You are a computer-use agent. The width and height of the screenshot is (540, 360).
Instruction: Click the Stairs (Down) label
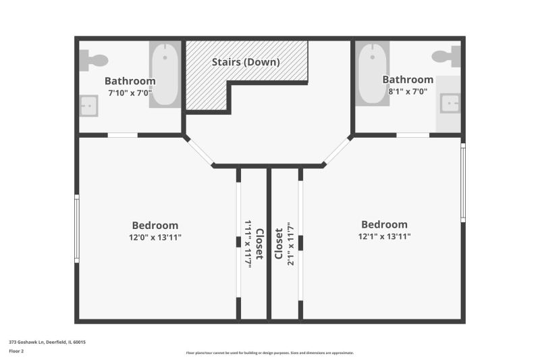pos(246,62)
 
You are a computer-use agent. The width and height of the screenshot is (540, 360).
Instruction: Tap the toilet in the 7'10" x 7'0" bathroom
pos(94,60)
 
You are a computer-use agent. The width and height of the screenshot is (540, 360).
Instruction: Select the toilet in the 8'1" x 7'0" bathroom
pos(446,56)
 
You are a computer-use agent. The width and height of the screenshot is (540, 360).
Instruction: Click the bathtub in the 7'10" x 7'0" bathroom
pos(165,74)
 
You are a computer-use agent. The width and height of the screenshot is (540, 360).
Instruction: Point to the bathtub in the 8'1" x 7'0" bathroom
pos(373,74)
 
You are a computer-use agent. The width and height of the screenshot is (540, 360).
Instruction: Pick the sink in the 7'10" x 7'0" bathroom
pos(89,106)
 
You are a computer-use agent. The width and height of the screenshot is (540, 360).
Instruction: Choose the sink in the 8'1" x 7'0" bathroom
pos(450,103)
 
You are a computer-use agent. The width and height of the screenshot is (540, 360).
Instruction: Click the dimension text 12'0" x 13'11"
pos(155,237)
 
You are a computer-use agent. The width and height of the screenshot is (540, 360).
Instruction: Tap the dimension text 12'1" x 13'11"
pos(384,236)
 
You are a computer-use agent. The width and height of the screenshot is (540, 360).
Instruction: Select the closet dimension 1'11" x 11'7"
pos(248,243)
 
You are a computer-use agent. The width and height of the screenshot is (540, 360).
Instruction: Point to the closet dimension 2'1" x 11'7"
pos(291,243)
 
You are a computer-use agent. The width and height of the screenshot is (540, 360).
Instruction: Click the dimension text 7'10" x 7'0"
pos(130,93)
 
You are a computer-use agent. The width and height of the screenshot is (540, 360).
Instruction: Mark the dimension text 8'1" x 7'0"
pos(408,91)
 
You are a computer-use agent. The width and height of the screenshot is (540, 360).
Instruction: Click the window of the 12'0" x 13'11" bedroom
pos(77,229)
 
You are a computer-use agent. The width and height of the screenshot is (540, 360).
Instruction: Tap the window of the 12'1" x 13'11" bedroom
pos(463,183)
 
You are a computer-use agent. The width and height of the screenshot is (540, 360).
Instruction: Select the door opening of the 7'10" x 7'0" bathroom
pos(123,135)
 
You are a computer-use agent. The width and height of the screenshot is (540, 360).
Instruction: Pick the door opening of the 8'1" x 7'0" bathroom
pos(413,135)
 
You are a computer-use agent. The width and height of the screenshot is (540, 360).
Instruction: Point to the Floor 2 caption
pos(16,351)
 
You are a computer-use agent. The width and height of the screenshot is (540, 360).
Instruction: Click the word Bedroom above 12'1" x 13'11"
pos(384,225)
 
